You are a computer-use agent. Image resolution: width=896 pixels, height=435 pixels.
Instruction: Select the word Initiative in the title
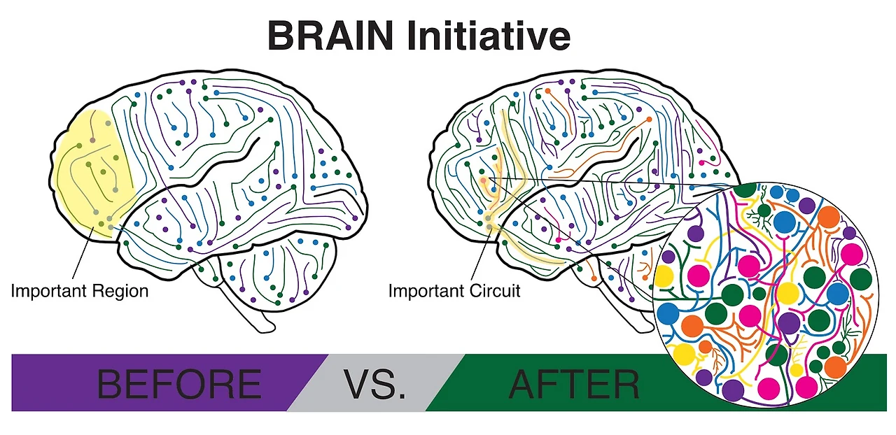pyautogui.click(x=491, y=36)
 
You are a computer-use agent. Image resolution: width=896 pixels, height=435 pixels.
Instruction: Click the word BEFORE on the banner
pyautogui.click(x=178, y=384)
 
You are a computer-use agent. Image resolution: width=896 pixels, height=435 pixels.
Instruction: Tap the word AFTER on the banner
pyautogui.click(x=574, y=384)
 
